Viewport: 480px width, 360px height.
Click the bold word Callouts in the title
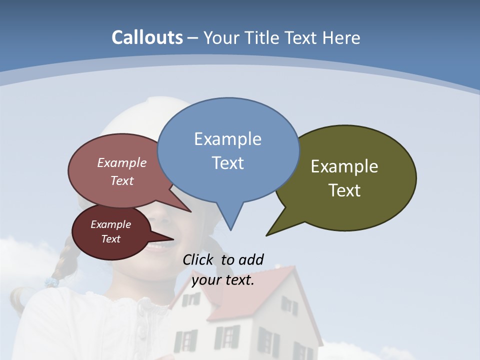pos(147,37)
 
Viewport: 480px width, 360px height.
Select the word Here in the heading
pos(341,38)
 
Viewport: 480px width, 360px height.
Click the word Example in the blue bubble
pos(227,139)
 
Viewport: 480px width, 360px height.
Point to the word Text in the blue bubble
pos(227,163)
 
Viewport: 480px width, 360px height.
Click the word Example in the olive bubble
pos(344,166)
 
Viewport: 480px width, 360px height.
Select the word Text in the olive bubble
pos(344,190)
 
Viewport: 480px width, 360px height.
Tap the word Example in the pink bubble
pos(122,162)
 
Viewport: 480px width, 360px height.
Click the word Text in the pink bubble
pos(122,180)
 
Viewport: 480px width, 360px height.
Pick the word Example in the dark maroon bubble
pos(110,224)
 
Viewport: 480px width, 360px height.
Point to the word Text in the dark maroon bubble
pos(110,239)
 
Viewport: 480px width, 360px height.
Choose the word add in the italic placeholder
pos(251,260)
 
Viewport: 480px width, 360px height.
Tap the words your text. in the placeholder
pos(223,280)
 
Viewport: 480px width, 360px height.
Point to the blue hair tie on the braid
pos(51,282)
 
